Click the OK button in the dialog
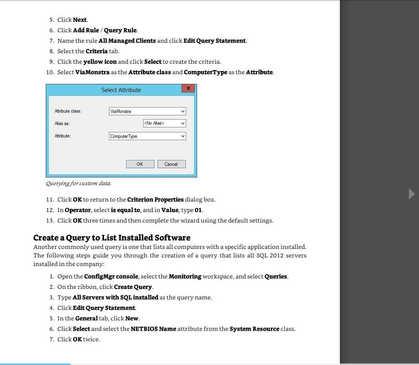pyautogui.click(x=140, y=164)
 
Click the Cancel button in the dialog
pyautogui.click(x=171, y=164)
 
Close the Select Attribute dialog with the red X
pyautogui.click(x=188, y=89)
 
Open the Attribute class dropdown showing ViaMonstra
pyautogui.click(x=147, y=111)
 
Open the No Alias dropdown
pyautogui.click(x=164, y=123)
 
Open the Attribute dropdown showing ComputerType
pyautogui.click(x=147, y=136)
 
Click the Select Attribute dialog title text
pyautogui.click(x=121, y=90)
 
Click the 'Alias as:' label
pyautogui.click(x=62, y=123)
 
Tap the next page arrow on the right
pyautogui.click(x=412, y=194)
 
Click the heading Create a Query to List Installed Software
pyautogui.click(x=112, y=238)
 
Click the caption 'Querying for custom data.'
pyautogui.click(x=78, y=183)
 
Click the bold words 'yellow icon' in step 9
pyautogui.click(x=100, y=62)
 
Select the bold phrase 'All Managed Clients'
pyautogui.click(x=127, y=41)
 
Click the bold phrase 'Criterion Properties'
pyautogui.click(x=155, y=200)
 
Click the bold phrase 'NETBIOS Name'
pyautogui.click(x=153, y=329)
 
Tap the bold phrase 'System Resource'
pyautogui.click(x=254, y=329)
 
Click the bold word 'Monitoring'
pyautogui.click(x=185, y=276)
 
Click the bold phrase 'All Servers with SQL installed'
pyautogui.click(x=115, y=297)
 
